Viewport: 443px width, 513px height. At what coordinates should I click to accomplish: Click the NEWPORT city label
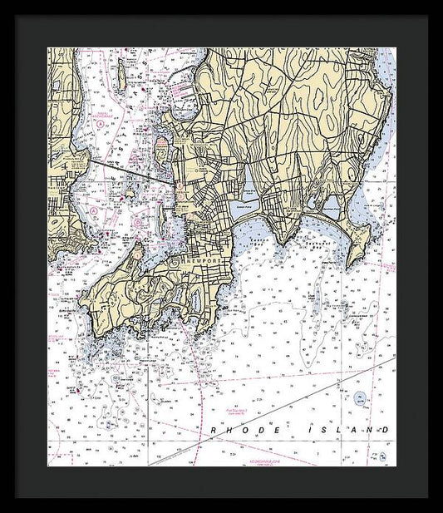200,260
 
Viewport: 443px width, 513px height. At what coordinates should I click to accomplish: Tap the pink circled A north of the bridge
101,123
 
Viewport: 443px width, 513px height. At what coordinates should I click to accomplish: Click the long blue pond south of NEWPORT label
194,300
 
